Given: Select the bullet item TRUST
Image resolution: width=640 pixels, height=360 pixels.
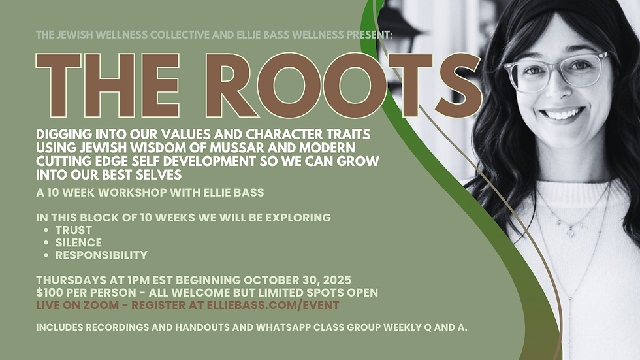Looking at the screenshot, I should (x=73, y=230).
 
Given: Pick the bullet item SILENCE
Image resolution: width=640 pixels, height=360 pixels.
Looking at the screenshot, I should (x=78, y=242).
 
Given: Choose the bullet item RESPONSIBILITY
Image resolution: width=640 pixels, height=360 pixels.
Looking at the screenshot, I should (x=101, y=255).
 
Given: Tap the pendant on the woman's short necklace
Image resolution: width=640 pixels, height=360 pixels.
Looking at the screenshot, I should (x=569, y=230).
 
